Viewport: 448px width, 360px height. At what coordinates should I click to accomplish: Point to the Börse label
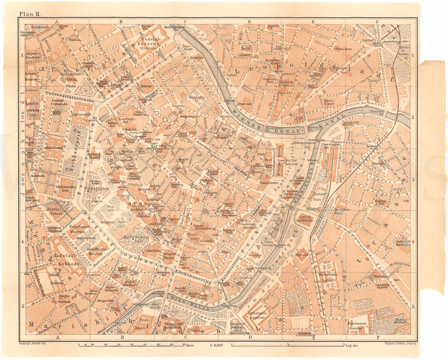[145, 86]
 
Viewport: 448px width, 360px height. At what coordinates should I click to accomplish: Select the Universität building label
[81, 114]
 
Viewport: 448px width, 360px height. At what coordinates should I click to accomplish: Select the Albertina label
[154, 251]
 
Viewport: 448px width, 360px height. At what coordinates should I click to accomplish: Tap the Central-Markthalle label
[306, 220]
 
